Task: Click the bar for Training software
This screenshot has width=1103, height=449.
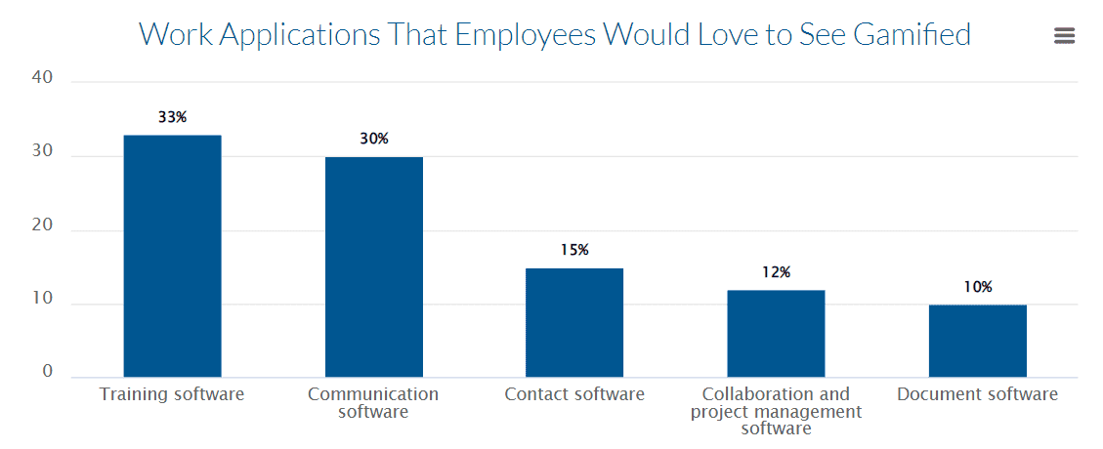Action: click(x=172, y=256)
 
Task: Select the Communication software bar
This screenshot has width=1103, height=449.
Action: click(x=373, y=266)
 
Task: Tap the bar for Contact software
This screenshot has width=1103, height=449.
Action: click(x=574, y=322)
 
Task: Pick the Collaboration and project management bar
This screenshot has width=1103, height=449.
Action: click(x=776, y=333)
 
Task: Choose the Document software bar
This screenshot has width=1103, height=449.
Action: click(x=977, y=341)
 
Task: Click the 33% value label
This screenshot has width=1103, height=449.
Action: click(x=172, y=117)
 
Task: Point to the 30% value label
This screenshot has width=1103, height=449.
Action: click(x=373, y=139)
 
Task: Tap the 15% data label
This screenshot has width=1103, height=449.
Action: click(x=574, y=250)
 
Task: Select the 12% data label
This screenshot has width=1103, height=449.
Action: click(x=776, y=272)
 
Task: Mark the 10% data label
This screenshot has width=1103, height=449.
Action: click(x=977, y=287)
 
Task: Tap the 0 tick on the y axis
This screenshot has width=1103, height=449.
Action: click(x=47, y=371)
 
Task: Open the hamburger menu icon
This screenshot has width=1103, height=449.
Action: click(x=1064, y=36)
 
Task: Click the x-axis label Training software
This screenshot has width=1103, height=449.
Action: click(x=172, y=394)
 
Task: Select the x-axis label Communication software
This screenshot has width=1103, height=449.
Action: click(x=373, y=403)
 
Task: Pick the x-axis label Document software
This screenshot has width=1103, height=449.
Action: click(x=977, y=394)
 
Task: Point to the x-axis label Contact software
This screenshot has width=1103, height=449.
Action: click(x=574, y=394)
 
